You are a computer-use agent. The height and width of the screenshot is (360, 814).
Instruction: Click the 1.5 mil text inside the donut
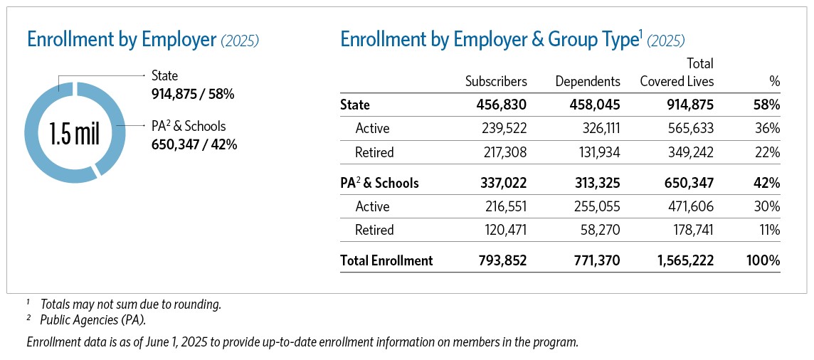[75, 133]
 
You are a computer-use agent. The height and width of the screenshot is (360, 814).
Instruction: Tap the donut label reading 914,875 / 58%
[192, 92]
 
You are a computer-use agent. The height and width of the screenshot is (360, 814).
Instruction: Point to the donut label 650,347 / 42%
[194, 144]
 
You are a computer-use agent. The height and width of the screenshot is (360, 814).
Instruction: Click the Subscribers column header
[496, 81]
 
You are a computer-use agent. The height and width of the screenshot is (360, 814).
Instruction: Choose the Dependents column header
[588, 81]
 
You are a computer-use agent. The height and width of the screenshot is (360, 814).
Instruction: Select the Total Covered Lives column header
[677, 73]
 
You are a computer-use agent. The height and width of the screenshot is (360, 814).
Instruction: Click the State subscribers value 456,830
[502, 105]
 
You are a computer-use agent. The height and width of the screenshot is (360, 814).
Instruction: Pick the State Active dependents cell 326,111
[596, 129]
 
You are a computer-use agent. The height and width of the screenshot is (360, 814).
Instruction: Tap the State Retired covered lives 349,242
[686, 152]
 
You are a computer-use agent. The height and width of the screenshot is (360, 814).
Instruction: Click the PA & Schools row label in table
[379, 183]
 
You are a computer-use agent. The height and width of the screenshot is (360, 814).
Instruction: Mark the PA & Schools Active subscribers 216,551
[502, 206]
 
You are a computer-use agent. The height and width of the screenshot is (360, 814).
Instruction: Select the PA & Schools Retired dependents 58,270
[599, 230]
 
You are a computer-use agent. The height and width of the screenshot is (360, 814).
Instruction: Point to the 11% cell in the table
[769, 230]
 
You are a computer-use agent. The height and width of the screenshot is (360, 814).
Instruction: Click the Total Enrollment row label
[386, 260]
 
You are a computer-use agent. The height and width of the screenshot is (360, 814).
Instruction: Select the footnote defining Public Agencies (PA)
[92, 319]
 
